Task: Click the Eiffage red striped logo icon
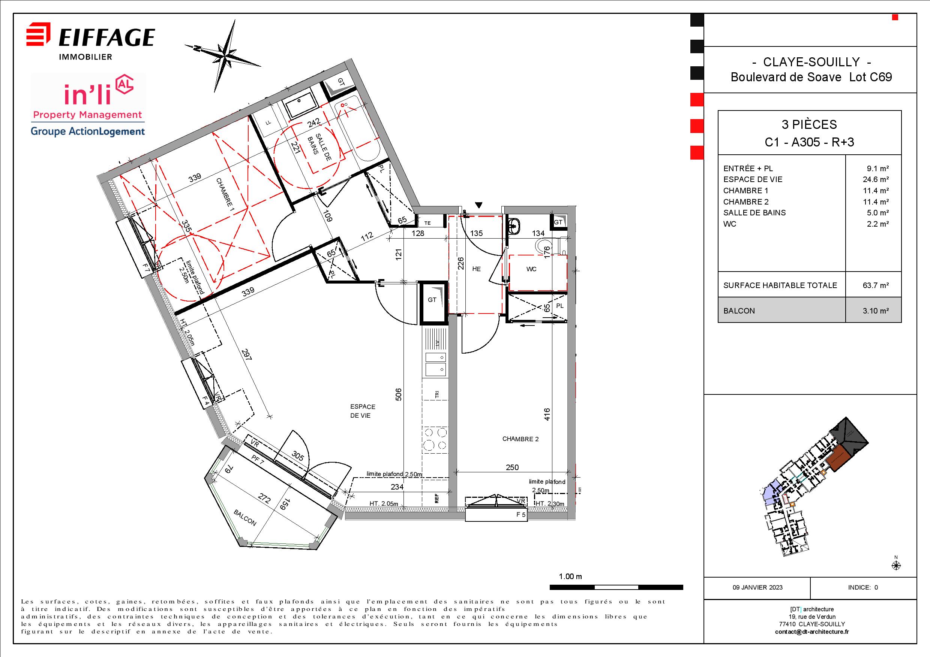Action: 39,35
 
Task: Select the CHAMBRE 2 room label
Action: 520,439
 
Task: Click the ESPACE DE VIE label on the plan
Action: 363,411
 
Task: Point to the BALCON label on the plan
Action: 245,518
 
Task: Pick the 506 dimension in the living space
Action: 398,395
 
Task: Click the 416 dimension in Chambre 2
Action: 547,415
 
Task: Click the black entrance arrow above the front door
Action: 479,205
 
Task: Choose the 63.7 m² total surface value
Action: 876,285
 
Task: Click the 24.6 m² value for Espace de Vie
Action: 876,179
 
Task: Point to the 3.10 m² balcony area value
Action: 876,311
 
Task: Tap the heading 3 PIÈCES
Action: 809,125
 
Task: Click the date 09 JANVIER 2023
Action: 757,587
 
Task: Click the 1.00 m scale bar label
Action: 570,576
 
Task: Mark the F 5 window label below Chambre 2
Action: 521,515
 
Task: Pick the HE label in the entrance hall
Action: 476,269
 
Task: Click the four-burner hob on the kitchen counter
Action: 435,439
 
